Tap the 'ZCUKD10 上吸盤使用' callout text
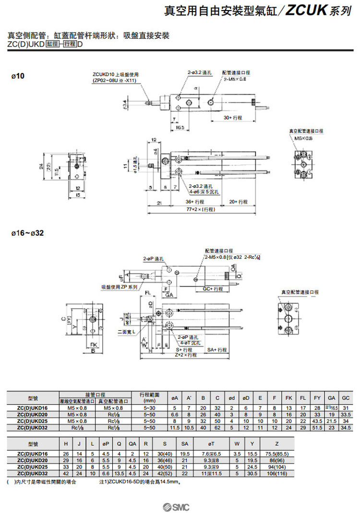pyautogui.click(x=115, y=74)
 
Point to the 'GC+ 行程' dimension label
pyautogui.click(x=213, y=289)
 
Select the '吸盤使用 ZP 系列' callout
pyautogui.click(x=119, y=287)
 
